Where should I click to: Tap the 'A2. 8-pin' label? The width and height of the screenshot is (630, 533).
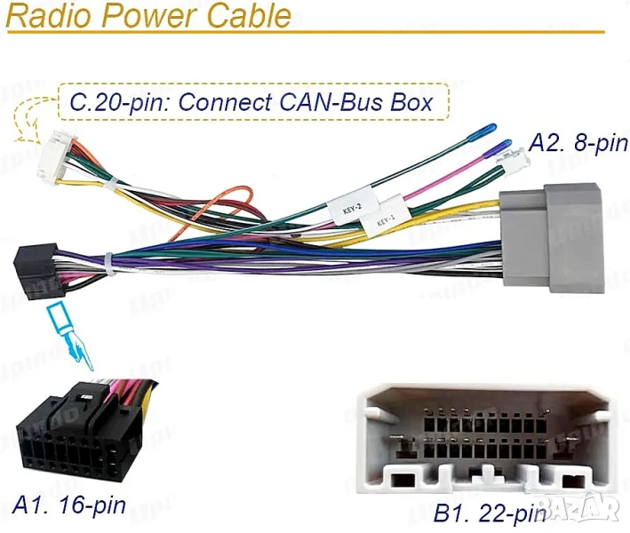(578, 142)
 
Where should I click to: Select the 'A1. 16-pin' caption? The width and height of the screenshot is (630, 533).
(69, 505)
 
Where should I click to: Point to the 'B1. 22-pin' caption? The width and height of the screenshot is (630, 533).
(489, 513)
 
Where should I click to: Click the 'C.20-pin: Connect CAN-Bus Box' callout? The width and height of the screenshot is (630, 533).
(251, 102)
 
